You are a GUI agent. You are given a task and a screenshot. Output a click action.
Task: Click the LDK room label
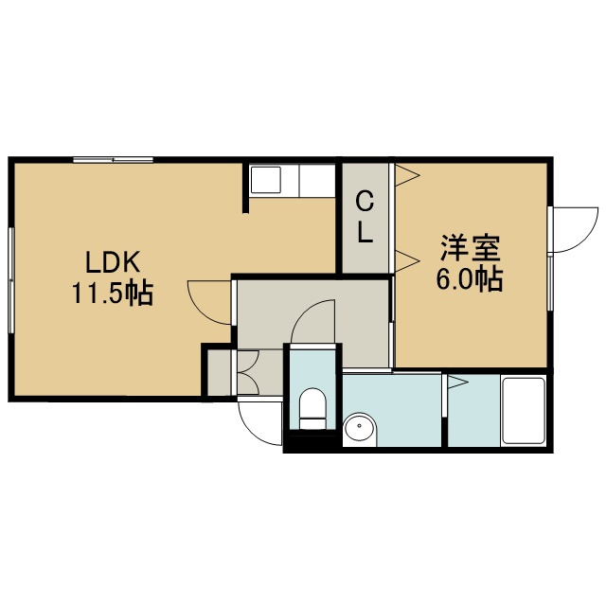pyautogui.click(x=112, y=263)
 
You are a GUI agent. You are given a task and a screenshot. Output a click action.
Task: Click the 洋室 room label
pyautogui.click(x=471, y=247)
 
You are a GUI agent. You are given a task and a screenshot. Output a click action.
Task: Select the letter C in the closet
pyautogui.click(x=365, y=202)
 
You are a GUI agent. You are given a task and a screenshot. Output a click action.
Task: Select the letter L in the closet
pyautogui.click(x=365, y=233)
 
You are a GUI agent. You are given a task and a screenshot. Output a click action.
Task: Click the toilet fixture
pyautogui.click(x=312, y=408)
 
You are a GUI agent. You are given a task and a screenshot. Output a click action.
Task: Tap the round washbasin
pyautogui.click(x=360, y=426)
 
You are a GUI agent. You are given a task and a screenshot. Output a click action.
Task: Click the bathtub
pyautogui.click(x=524, y=410)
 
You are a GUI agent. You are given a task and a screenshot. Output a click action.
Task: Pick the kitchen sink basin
pyautogui.click(x=265, y=180)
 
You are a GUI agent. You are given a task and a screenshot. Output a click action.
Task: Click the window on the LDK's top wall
pyautogui.click(x=114, y=159)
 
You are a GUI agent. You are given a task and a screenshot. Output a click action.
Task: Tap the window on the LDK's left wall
pyautogui.click(x=11, y=280)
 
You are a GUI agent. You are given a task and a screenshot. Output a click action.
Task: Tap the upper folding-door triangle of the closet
pyautogui.click(x=406, y=175)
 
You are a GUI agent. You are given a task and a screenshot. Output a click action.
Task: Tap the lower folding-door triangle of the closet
pyautogui.click(x=406, y=261)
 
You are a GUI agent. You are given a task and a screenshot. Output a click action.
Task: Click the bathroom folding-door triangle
pyautogui.click(x=457, y=383)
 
